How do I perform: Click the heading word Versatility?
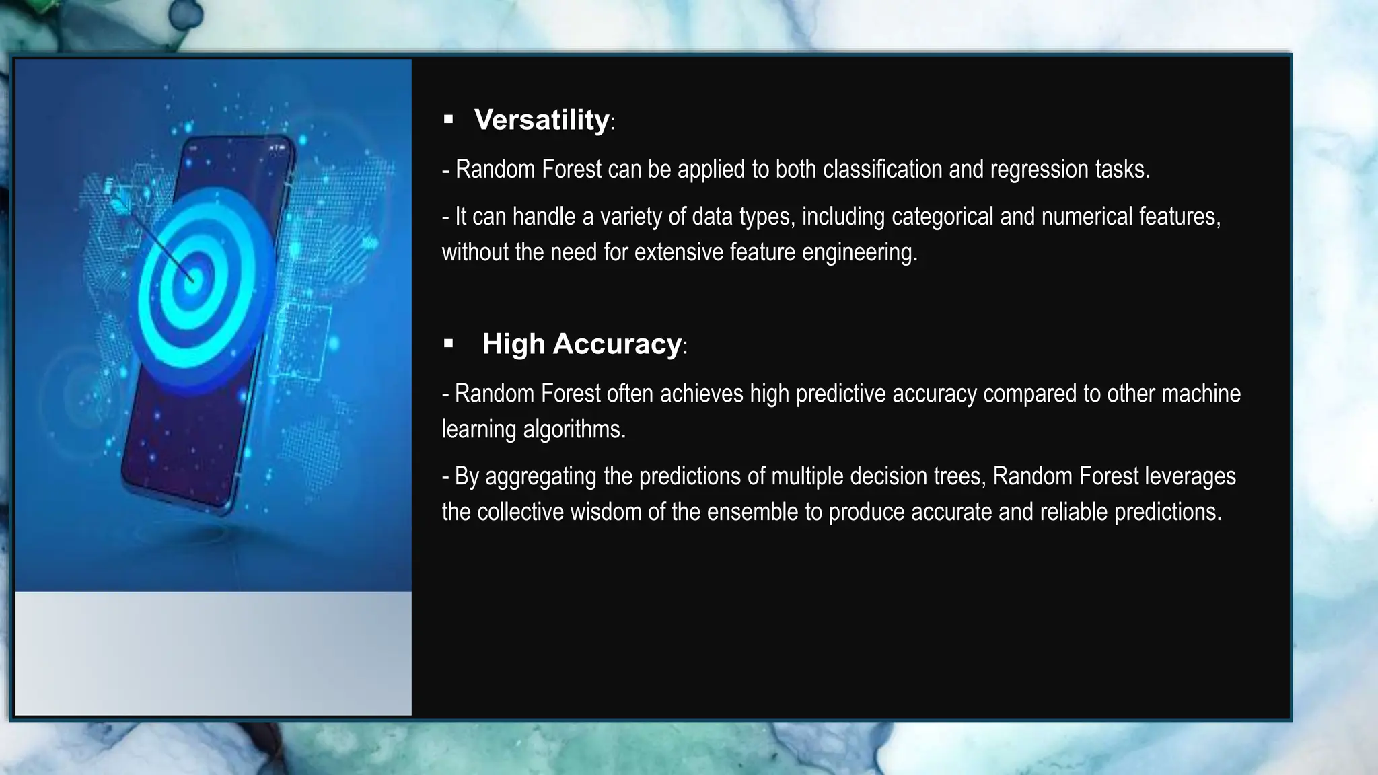pos(542,120)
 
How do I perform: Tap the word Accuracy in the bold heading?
pos(617,344)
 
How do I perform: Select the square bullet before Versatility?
pos(449,120)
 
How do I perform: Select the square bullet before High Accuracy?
pos(449,344)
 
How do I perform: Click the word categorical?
pos(942,217)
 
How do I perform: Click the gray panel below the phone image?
pos(213,653)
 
